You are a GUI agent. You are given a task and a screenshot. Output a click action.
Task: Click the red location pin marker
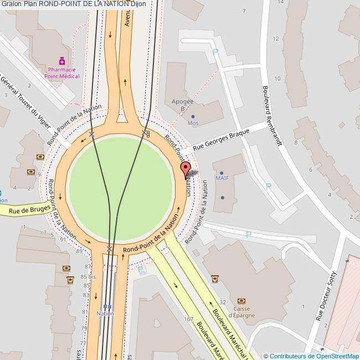[x=186, y=168]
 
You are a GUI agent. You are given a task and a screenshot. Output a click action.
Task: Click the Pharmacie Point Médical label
[x=62, y=73]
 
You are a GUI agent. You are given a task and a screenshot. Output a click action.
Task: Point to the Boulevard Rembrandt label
[x=272, y=115]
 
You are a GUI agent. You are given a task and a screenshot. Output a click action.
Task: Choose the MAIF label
[x=223, y=178]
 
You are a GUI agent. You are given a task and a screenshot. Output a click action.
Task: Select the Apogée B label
[x=183, y=105]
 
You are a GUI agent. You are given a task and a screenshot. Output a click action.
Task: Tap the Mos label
[x=193, y=123]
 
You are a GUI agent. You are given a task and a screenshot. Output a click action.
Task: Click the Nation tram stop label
[x=105, y=313]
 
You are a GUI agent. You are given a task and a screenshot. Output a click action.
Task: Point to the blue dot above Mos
[x=193, y=116]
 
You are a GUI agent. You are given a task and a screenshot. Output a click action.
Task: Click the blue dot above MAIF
[x=223, y=172]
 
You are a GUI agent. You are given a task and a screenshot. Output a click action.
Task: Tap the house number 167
[x=188, y=319]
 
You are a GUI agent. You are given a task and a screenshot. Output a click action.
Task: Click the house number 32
[x=223, y=302]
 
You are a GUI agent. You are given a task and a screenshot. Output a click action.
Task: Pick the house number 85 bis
[x=88, y=276]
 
